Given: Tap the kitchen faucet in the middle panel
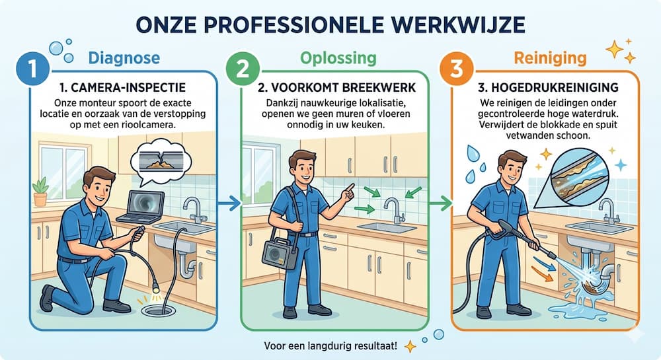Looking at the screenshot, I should [x=393, y=210].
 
